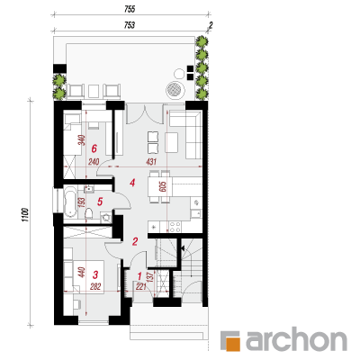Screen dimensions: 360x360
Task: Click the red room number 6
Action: [x=94, y=148]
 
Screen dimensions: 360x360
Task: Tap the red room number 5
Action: [x=100, y=202]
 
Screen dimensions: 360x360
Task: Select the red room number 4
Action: [x=132, y=183]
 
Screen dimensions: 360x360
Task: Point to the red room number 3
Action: [x=95, y=274]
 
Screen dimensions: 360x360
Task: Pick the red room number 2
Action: [x=135, y=241]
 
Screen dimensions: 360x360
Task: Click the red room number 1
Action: [x=139, y=275]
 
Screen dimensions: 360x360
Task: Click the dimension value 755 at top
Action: [x=130, y=10]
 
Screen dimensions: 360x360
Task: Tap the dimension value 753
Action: [x=130, y=25]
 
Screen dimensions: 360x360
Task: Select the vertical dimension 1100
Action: [x=25, y=215]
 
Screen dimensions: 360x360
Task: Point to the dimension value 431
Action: [x=151, y=162]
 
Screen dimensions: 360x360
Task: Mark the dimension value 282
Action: [x=95, y=287]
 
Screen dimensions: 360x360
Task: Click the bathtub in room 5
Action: [x=70, y=202]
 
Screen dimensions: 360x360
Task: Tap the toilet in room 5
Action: [x=88, y=214]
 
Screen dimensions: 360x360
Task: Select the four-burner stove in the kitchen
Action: [x=175, y=227]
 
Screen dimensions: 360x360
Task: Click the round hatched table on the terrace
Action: [x=175, y=89]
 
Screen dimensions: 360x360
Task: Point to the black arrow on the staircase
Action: [x=182, y=248]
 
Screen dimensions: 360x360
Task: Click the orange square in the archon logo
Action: [x=234, y=345]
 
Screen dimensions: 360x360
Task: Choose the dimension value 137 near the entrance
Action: [x=151, y=276]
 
